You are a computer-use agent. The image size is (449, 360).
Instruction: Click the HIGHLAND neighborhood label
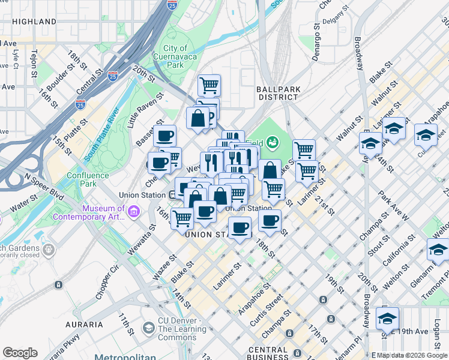[x=34, y=21]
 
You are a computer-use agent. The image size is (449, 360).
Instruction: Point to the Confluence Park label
[x=88, y=179]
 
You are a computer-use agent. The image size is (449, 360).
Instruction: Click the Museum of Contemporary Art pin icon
[x=133, y=211]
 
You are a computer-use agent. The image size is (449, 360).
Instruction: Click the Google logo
[x=20, y=353]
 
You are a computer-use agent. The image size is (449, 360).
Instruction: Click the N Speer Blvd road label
[x=44, y=186]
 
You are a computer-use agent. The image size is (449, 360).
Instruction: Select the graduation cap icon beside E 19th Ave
[x=387, y=317]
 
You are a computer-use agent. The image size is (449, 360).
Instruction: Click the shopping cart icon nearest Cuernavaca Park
[x=209, y=85]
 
